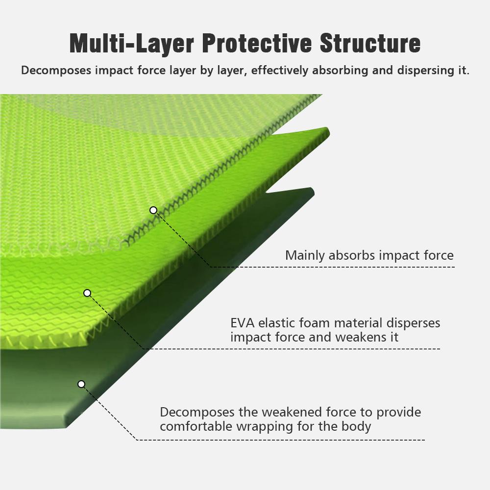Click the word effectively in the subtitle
click(x=280, y=71)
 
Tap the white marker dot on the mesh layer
click(x=153, y=210)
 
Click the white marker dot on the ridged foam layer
click(x=87, y=293)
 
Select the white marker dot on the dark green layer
click(x=81, y=384)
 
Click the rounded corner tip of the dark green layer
click(x=312, y=190)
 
